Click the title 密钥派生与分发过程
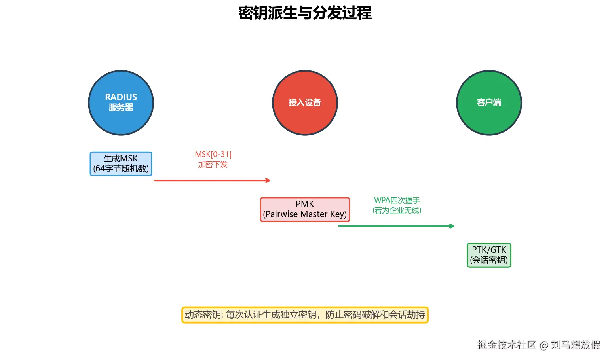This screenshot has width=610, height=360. tap(305, 13)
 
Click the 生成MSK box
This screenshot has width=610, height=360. tap(121, 164)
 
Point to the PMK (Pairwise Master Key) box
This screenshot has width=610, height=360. tap(305, 209)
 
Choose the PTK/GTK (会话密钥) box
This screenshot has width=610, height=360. tap(489, 255)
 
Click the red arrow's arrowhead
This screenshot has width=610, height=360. tap(268, 180)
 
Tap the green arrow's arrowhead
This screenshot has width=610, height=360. tap(452, 226)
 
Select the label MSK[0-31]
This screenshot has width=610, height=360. tap(213, 154)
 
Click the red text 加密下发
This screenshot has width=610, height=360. tap(213, 165)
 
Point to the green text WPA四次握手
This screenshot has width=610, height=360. tap(397, 200)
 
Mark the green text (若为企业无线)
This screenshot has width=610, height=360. tap(397, 210)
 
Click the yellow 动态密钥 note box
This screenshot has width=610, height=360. tap(305, 315)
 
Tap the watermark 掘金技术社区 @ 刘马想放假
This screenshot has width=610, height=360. tap(538, 345)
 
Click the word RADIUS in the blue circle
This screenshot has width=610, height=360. tap(121, 97)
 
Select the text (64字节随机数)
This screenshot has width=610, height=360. tap(121, 169)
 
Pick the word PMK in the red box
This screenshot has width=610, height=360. tap(305, 204)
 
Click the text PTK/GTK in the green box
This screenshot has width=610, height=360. tap(489, 250)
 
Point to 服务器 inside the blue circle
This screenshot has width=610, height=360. tap(121, 107)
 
